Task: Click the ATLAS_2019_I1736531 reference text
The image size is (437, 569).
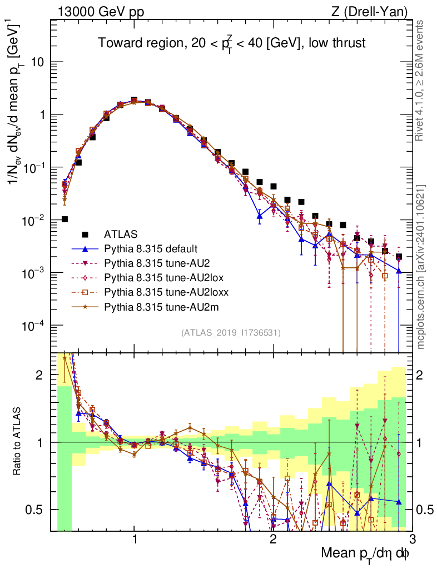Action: pyautogui.click(x=231, y=333)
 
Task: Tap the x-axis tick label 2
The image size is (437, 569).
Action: pyautogui.click(x=273, y=537)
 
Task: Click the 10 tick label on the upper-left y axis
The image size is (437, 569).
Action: pyautogui.click(x=38, y=62)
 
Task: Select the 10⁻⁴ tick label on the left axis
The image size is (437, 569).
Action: pyautogui.click(x=34, y=326)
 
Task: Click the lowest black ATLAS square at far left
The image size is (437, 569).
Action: pyautogui.click(x=65, y=219)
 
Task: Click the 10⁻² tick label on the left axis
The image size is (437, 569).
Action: pyautogui.click(x=34, y=221)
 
